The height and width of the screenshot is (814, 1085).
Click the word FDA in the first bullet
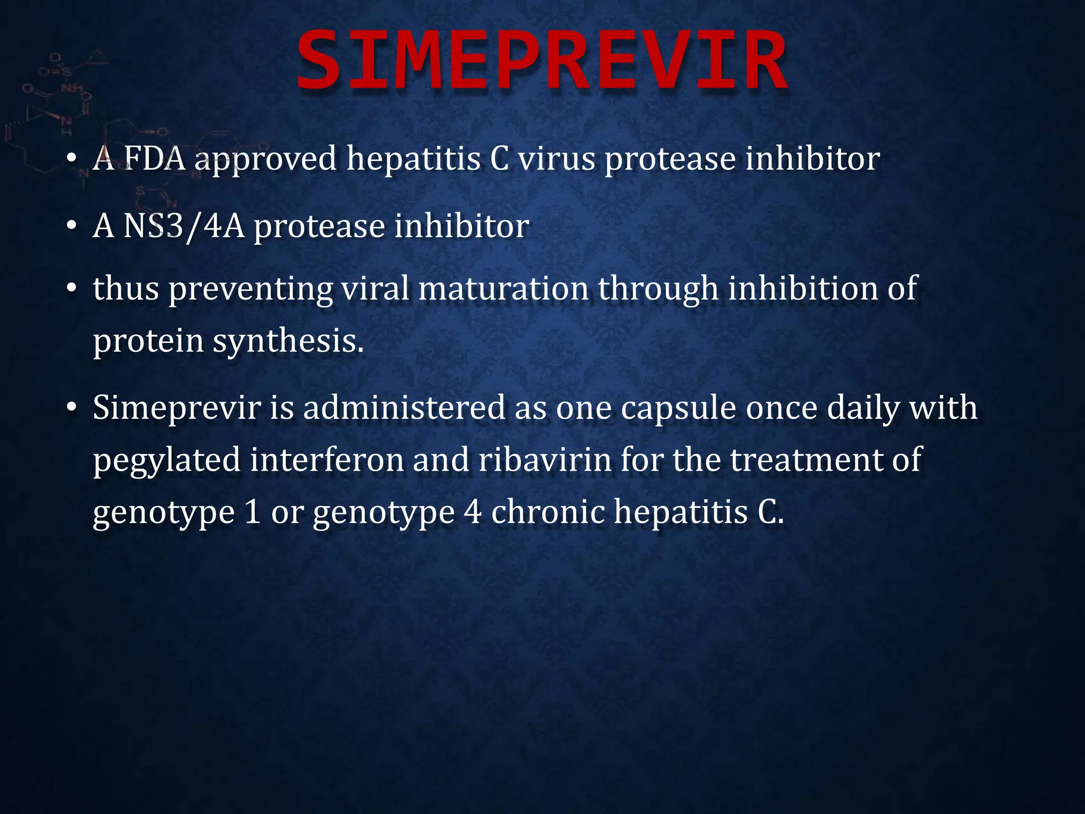click(154, 158)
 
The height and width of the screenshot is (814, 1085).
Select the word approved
click(265, 160)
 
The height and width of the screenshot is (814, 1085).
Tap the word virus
click(556, 158)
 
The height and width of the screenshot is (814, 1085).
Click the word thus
click(126, 289)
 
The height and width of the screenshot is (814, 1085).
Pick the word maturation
click(503, 289)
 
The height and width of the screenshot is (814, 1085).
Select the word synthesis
click(288, 341)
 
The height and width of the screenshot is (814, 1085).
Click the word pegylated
click(166, 461)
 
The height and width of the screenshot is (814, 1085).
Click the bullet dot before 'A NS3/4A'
click(72, 226)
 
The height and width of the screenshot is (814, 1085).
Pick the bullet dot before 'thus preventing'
click(72, 289)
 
